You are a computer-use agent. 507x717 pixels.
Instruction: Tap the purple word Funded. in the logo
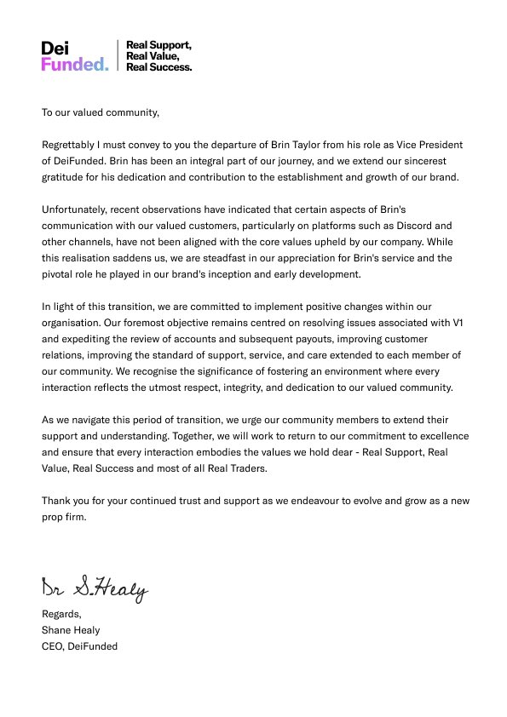pyautogui.click(x=75, y=64)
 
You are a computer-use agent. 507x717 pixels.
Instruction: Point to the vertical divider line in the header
pyautogui.click(x=118, y=55)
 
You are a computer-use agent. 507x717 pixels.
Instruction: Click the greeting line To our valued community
pyautogui.click(x=101, y=112)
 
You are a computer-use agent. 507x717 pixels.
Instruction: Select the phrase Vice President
pyautogui.click(x=429, y=145)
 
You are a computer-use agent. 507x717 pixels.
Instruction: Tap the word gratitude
pyautogui.click(x=66, y=177)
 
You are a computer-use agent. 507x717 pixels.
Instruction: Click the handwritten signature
pyautogui.click(x=95, y=587)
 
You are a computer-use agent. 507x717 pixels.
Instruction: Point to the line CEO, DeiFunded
pyautogui.click(x=80, y=646)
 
